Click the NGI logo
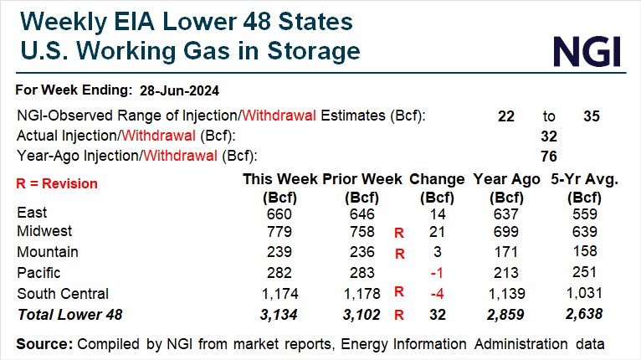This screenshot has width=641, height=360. pyautogui.click(x=588, y=51)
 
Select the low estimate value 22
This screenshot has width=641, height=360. pyautogui.click(x=506, y=116)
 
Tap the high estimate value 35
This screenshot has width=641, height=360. pyautogui.click(x=592, y=116)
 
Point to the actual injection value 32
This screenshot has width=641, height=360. pyautogui.click(x=550, y=136)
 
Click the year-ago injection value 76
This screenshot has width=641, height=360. pyautogui.click(x=550, y=156)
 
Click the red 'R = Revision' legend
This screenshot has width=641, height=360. pyautogui.click(x=57, y=183)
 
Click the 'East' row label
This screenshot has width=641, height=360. pyautogui.click(x=32, y=213)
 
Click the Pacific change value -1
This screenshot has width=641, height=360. pyautogui.click(x=435, y=272)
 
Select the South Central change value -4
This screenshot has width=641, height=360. pyautogui.click(x=435, y=294)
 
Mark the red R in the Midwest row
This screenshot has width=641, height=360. pyautogui.click(x=399, y=233)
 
